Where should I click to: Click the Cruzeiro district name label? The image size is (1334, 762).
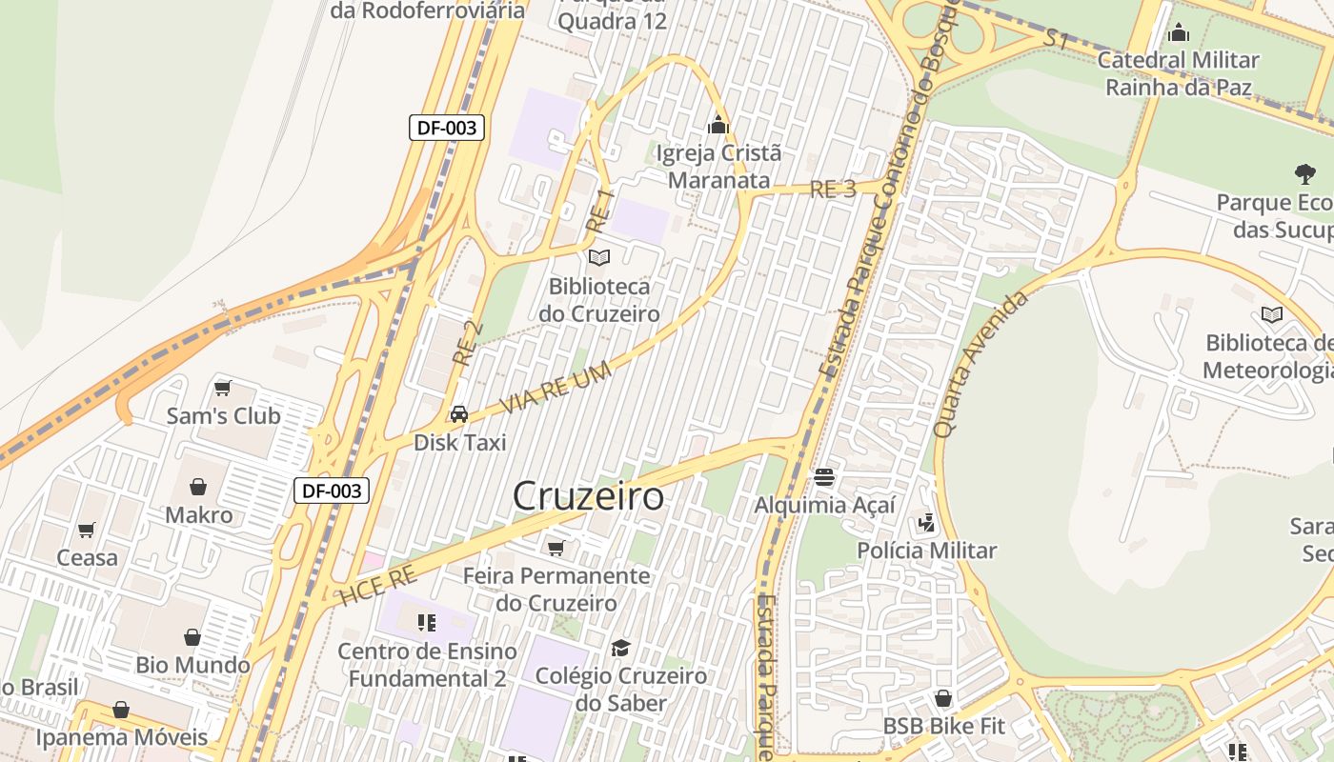(588, 496)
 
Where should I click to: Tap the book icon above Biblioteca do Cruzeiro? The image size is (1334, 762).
(599, 257)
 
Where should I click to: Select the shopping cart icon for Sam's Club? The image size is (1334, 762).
(223, 388)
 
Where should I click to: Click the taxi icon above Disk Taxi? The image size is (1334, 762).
(459, 414)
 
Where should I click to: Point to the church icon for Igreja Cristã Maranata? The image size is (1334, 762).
(718, 125)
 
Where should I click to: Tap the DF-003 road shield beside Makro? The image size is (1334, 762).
(331, 491)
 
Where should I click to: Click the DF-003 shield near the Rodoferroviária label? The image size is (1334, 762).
(447, 128)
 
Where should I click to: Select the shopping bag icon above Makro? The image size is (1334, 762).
(198, 487)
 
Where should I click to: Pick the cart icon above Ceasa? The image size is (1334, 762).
(87, 530)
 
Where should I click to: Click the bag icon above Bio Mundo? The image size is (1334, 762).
(192, 636)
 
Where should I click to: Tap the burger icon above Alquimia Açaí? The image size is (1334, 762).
(824, 476)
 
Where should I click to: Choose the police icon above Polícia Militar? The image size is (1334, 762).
(926, 522)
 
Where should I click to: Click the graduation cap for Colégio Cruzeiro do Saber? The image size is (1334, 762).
(620, 648)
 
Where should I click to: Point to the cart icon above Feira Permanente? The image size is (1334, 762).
(556, 548)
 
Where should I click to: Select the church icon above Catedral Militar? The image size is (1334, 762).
(1179, 32)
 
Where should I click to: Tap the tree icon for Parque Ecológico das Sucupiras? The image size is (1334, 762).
(1304, 174)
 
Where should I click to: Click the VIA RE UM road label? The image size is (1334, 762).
(556, 390)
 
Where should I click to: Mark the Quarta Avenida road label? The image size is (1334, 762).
(980, 364)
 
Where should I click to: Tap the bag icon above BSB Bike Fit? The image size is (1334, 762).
(943, 698)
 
